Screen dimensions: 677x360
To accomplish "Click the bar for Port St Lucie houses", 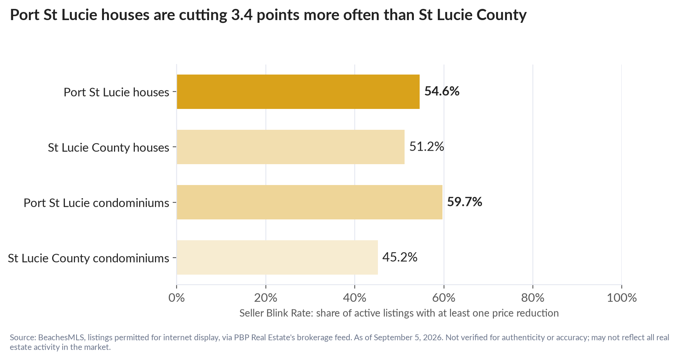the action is click(298, 92).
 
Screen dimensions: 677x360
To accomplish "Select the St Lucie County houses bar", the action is click(291, 147).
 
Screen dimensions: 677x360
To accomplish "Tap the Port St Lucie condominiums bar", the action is click(310, 202).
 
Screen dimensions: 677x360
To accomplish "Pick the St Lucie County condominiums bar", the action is click(277, 257).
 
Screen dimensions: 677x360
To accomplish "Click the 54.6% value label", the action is click(442, 91).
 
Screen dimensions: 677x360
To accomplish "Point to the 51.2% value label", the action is click(427, 147).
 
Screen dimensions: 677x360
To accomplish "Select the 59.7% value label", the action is click(464, 202).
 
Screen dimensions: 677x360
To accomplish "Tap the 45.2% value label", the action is click(400, 257).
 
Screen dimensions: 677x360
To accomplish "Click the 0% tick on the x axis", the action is click(177, 298).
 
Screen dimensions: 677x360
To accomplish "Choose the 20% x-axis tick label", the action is click(266, 298).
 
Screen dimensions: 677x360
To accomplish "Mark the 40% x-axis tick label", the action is click(355, 298).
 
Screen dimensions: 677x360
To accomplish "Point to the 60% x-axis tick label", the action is click(444, 298).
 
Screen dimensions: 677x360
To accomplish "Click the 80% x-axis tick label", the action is click(533, 298).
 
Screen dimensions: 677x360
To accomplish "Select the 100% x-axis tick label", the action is click(622, 298).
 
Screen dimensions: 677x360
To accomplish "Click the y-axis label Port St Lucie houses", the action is click(116, 92).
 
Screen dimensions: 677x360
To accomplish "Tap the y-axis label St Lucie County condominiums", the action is click(88, 258).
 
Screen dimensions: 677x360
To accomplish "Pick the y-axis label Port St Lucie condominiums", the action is click(96, 203).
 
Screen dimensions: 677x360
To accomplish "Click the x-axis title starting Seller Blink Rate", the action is click(399, 313).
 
